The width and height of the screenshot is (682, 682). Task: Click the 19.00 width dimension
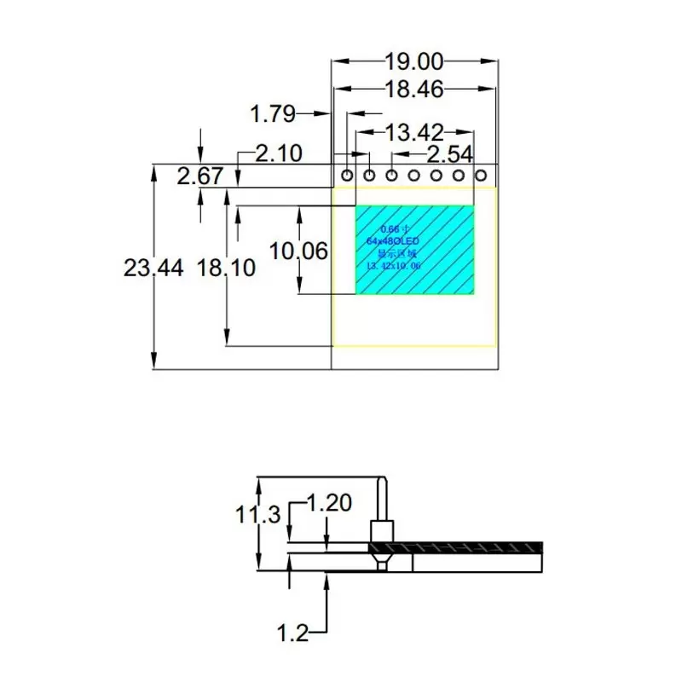coord(413,61)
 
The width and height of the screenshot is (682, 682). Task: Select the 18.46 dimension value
coord(414,88)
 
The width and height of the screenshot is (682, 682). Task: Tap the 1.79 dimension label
coord(272,113)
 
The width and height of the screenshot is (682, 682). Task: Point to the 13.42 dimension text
coord(414,133)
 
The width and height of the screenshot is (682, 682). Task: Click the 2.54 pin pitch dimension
coord(450,154)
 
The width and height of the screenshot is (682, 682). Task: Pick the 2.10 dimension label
coord(280,154)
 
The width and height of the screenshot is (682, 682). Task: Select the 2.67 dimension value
coord(200,176)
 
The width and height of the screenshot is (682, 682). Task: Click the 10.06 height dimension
coord(298,251)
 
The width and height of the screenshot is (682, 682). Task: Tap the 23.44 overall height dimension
coord(153,268)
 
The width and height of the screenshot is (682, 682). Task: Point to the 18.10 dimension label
coord(226,268)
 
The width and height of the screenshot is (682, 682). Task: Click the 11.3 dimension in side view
coord(257,514)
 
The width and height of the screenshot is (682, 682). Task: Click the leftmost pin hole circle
coord(348,176)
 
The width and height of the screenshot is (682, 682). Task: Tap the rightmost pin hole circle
coord(480,176)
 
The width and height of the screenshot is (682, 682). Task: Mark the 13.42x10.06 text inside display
coord(393,267)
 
